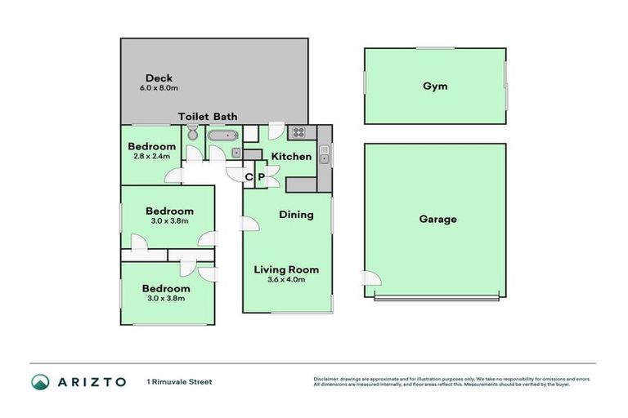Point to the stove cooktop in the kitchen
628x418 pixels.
[298, 132]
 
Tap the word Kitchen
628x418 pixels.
[291, 156]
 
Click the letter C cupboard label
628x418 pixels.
[249, 176]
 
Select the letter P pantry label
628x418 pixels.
[261, 176]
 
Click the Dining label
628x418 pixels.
[296, 216]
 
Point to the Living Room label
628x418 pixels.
[286, 269]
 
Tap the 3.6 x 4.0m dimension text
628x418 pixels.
[286, 279]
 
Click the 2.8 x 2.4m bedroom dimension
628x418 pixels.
[152, 156]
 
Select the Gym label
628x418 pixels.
[435, 86]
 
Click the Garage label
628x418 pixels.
[437, 219]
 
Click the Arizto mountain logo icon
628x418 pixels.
[40, 381]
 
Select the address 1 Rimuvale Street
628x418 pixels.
[179, 381]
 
